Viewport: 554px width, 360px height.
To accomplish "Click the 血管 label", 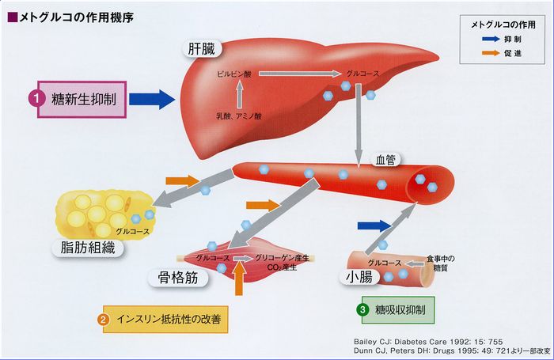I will click(x=387, y=159).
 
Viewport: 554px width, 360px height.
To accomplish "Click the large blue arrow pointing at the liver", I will click(x=150, y=99).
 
